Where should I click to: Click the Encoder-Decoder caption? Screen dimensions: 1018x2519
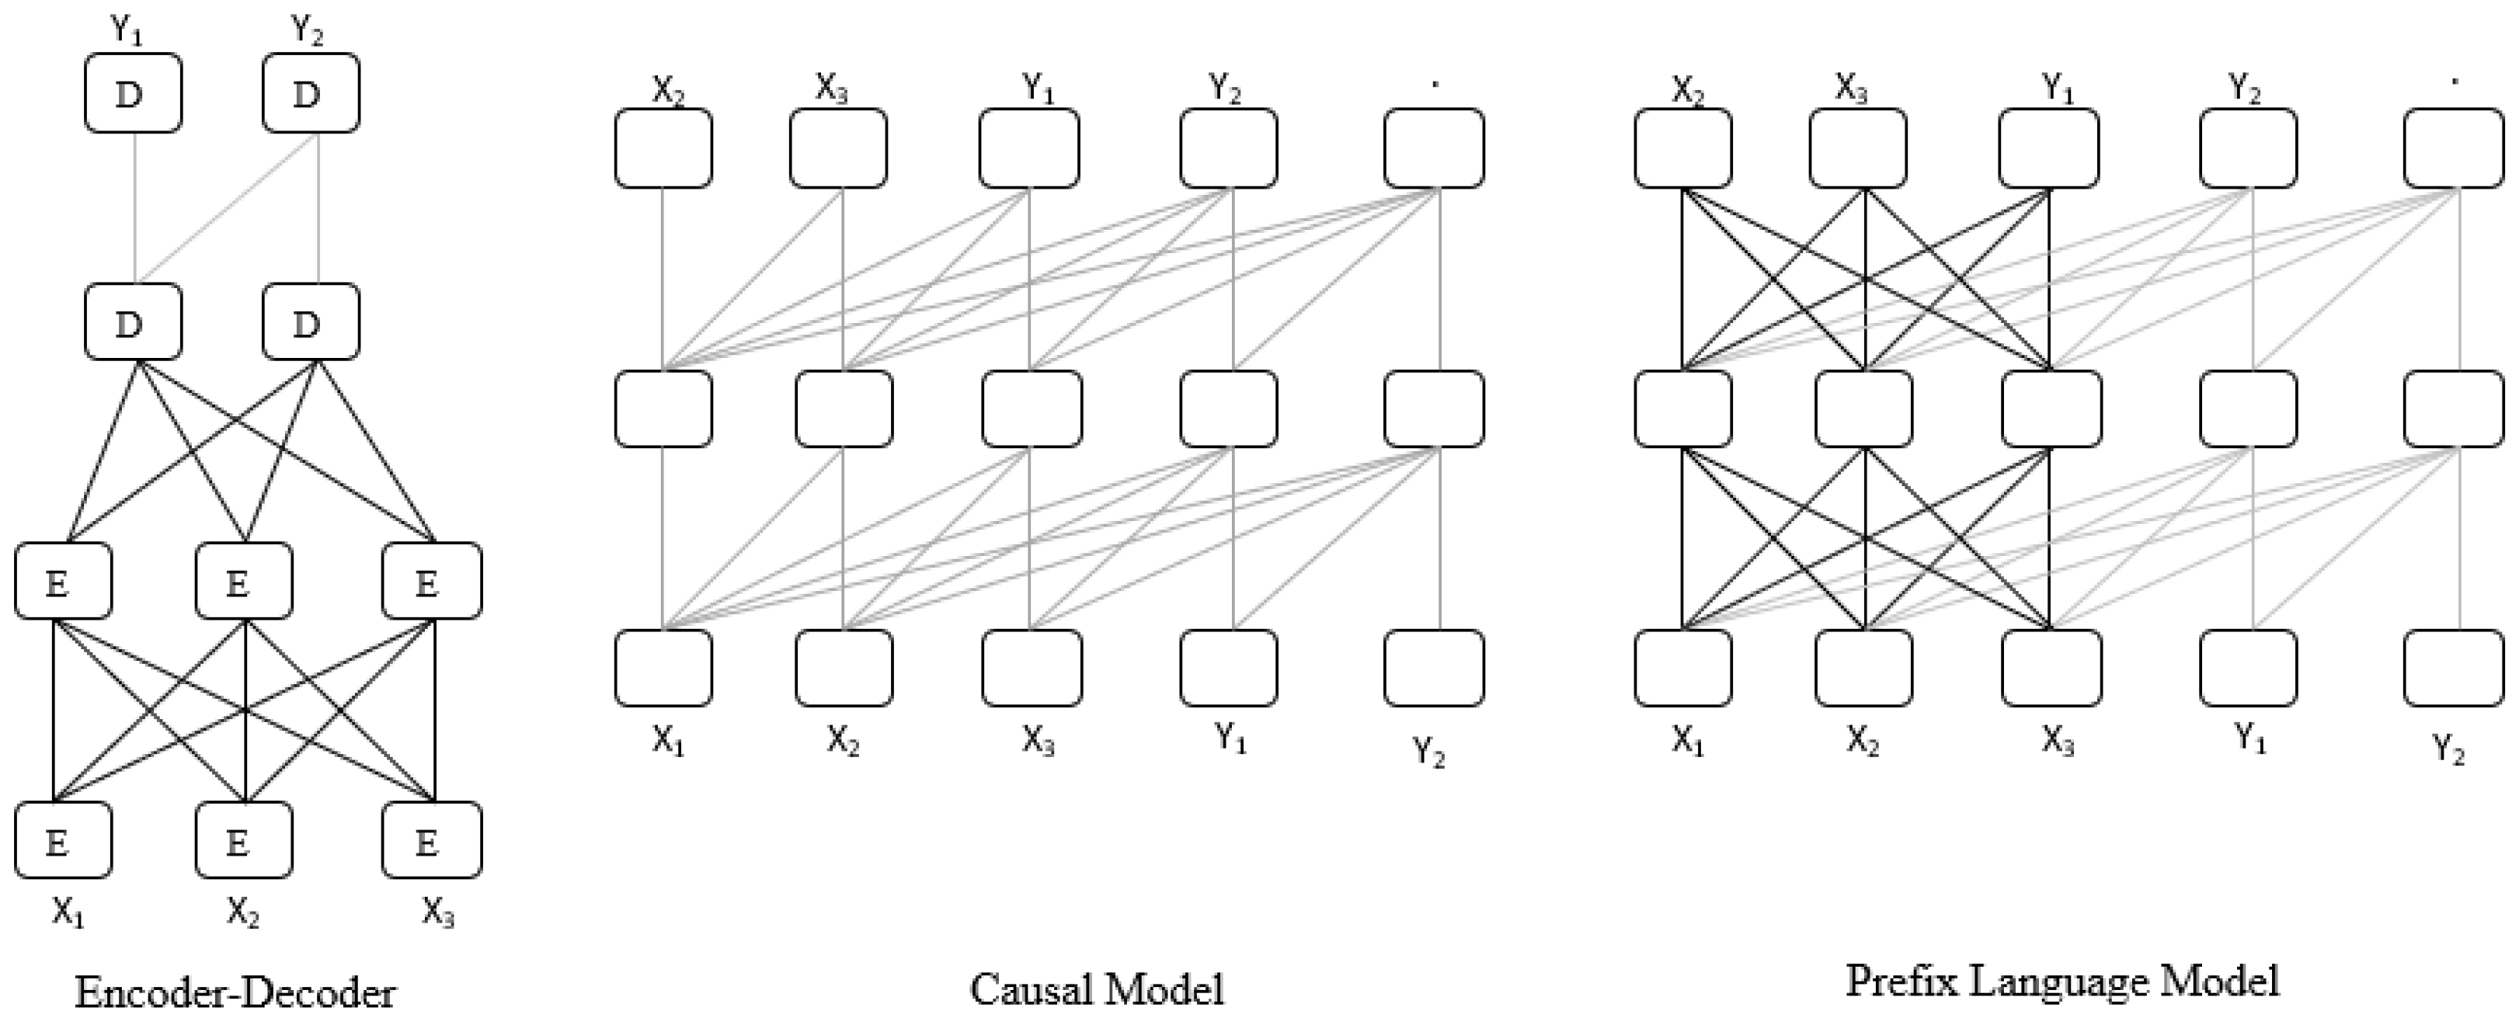coord(235,992)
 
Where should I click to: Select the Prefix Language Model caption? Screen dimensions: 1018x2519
coord(2061,981)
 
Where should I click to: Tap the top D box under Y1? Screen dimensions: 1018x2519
coord(133,93)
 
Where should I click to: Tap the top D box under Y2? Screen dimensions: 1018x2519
coord(310,93)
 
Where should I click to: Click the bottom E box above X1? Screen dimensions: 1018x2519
coord(63,840)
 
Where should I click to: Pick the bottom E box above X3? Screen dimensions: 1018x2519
coord(431,840)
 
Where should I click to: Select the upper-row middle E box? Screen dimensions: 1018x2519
coord(243,581)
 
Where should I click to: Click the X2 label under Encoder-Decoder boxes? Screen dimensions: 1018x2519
coord(243,912)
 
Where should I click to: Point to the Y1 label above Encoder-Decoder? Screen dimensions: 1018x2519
coord(126,30)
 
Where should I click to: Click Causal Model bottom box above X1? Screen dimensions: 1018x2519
coord(663,667)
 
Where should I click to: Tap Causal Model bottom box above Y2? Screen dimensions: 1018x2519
coord(1434,667)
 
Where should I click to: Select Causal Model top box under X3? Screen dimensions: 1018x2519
coord(838,148)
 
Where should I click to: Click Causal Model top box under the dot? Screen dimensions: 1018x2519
coord(1434,148)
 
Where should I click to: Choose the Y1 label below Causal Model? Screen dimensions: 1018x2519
coord(1231,738)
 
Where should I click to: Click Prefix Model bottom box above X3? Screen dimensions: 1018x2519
coord(2051,667)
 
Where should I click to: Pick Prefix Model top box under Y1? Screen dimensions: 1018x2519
coord(2048,148)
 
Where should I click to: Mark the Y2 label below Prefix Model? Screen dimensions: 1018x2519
coord(2448,751)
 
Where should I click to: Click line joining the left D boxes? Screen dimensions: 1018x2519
coord(134,207)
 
